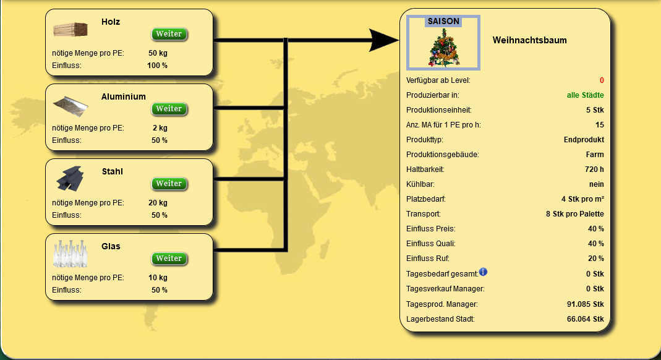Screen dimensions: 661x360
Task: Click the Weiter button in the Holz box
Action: [x=169, y=34]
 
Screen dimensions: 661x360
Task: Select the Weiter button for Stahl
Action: [x=169, y=184]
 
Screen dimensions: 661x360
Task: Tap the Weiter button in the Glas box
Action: [x=169, y=259]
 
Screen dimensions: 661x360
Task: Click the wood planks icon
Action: [x=70, y=30]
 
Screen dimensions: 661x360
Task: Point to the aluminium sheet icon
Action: [x=70, y=106]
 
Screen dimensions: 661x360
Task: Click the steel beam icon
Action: [x=70, y=178]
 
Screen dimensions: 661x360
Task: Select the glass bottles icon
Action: [x=70, y=254]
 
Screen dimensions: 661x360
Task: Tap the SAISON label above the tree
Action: [x=443, y=21]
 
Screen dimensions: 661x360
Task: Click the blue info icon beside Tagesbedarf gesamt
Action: [x=483, y=272]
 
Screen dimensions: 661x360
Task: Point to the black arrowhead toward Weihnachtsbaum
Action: [x=383, y=40]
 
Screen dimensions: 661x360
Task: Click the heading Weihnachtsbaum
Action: [x=529, y=40]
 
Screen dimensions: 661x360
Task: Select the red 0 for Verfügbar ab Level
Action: [x=602, y=80]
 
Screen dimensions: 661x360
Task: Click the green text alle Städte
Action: [x=585, y=95]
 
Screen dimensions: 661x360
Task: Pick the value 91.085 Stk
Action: [x=585, y=304]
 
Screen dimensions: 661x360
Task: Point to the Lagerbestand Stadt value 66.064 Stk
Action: [x=585, y=319]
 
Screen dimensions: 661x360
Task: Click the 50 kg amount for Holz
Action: [x=158, y=53]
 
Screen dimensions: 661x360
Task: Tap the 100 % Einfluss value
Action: [x=157, y=66]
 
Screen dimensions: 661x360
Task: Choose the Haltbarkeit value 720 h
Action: [x=594, y=169]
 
